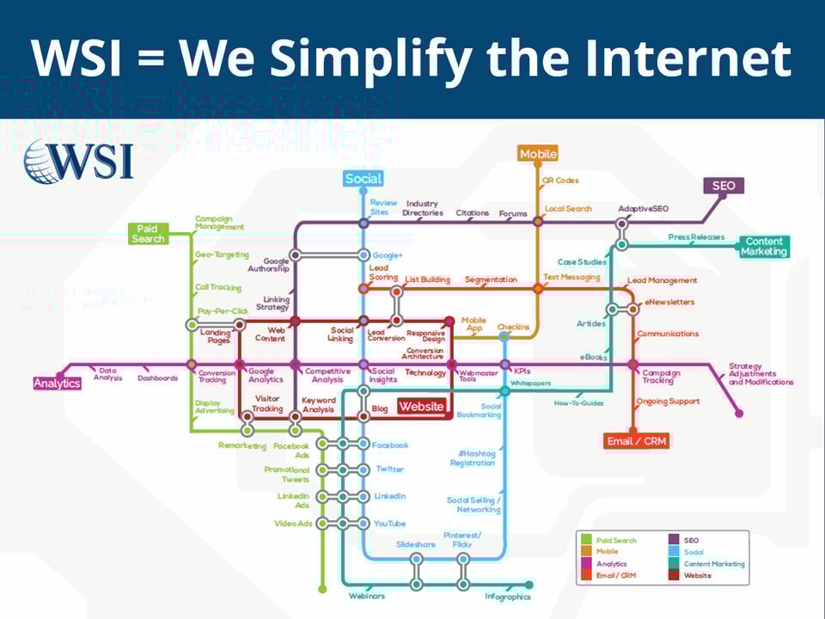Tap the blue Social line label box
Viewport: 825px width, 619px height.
(x=363, y=179)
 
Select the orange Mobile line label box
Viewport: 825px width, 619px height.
(x=538, y=154)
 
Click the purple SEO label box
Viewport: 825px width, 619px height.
(x=723, y=186)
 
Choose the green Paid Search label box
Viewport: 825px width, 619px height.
(x=148, y=233)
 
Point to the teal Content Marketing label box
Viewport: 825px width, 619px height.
(x=764, y=247)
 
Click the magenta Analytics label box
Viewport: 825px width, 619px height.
(x=58, y=383)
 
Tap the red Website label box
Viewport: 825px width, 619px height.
(x=421, y=407)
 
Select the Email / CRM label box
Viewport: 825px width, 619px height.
(x=637, y=441)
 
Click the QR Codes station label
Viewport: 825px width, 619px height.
(x=560, y=181)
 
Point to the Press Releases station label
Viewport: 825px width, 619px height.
(x=696, y=237)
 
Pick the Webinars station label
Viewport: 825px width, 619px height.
(x=366, y=596)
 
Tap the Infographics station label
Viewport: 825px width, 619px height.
(x=507, y=596)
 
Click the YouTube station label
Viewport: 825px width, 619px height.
(x=389, y=524)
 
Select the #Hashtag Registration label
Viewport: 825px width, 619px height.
(x=473, y=458)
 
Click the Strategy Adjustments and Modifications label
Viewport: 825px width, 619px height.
(x=761, y=374)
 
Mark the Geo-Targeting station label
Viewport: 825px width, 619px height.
(x=222, y=254)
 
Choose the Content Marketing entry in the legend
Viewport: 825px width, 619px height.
(x=714, y=564)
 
